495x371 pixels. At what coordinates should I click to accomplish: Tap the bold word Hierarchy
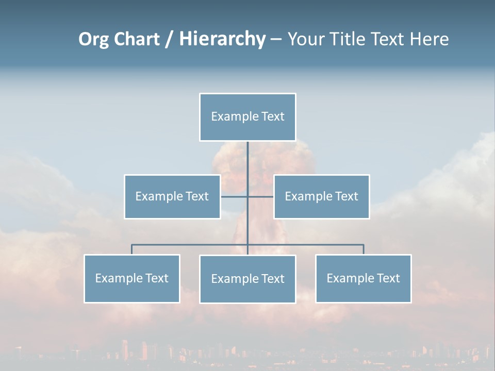[x=222, y=39]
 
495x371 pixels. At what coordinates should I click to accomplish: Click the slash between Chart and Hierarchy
[x=169, y=40]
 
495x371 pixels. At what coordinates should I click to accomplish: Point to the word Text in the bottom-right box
[x=388, y=278]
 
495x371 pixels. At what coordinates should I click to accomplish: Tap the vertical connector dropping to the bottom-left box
[x=132, y=250]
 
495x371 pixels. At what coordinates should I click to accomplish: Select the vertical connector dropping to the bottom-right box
[x=364, y=250]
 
